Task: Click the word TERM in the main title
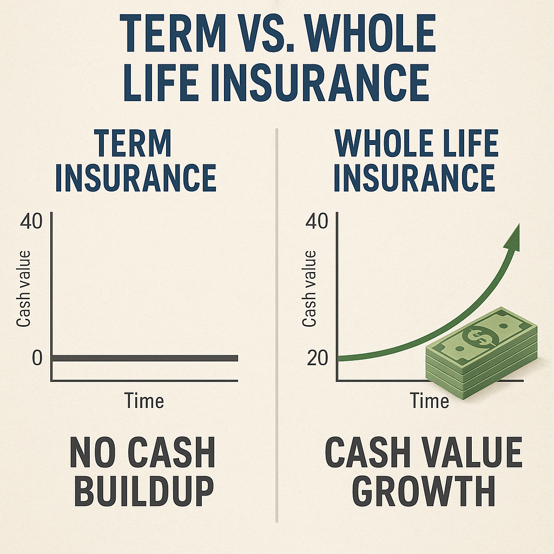[173, 34]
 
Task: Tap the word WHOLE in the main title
[370, 34]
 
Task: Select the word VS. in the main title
[265, 34]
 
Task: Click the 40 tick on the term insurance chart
[31, 221]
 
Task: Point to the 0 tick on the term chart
[37, 358]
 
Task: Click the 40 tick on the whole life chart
[317, 221]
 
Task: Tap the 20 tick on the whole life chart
[317, 358]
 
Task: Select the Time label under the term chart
[144, 401]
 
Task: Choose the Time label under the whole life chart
[429, 401]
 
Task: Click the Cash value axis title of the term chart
[24, 289]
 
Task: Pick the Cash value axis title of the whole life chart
[309, 289]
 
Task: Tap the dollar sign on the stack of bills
[480, 336]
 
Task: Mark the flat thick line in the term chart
[145, 358]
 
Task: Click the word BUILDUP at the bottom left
[144, 491]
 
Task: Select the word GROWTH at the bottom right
[424, 491]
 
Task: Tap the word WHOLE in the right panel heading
[384, 143]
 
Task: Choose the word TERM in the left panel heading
[133, 143]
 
